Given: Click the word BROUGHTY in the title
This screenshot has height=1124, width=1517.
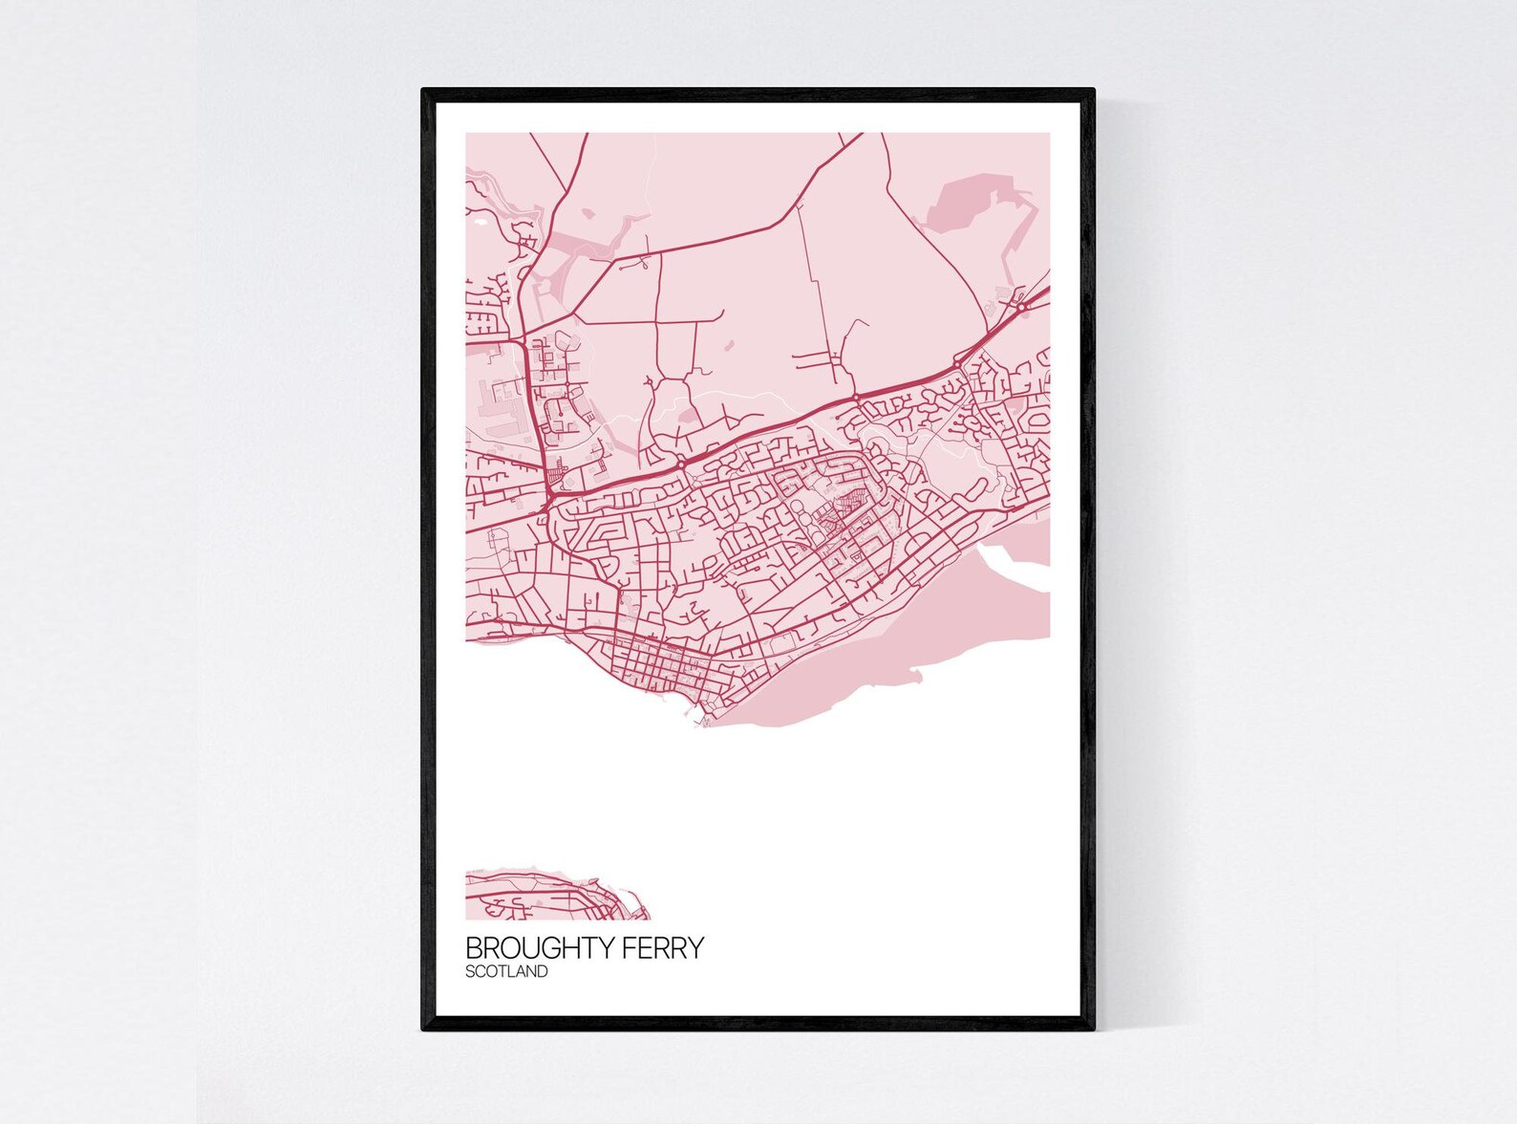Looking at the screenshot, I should pos(541,948).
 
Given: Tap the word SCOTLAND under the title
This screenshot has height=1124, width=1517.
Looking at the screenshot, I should pos(506,972).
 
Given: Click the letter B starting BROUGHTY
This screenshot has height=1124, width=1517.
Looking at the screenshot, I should pos(473,948).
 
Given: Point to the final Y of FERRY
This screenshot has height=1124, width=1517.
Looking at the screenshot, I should pos(696,948).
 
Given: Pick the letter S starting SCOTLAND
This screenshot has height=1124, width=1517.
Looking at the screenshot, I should pos(470,972).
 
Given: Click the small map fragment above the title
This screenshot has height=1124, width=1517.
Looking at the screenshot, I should pos(554,897).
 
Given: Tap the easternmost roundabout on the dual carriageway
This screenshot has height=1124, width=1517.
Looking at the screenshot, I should pos(1020,308).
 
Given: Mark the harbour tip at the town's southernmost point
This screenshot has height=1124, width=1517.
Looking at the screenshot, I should pos(704,724).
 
